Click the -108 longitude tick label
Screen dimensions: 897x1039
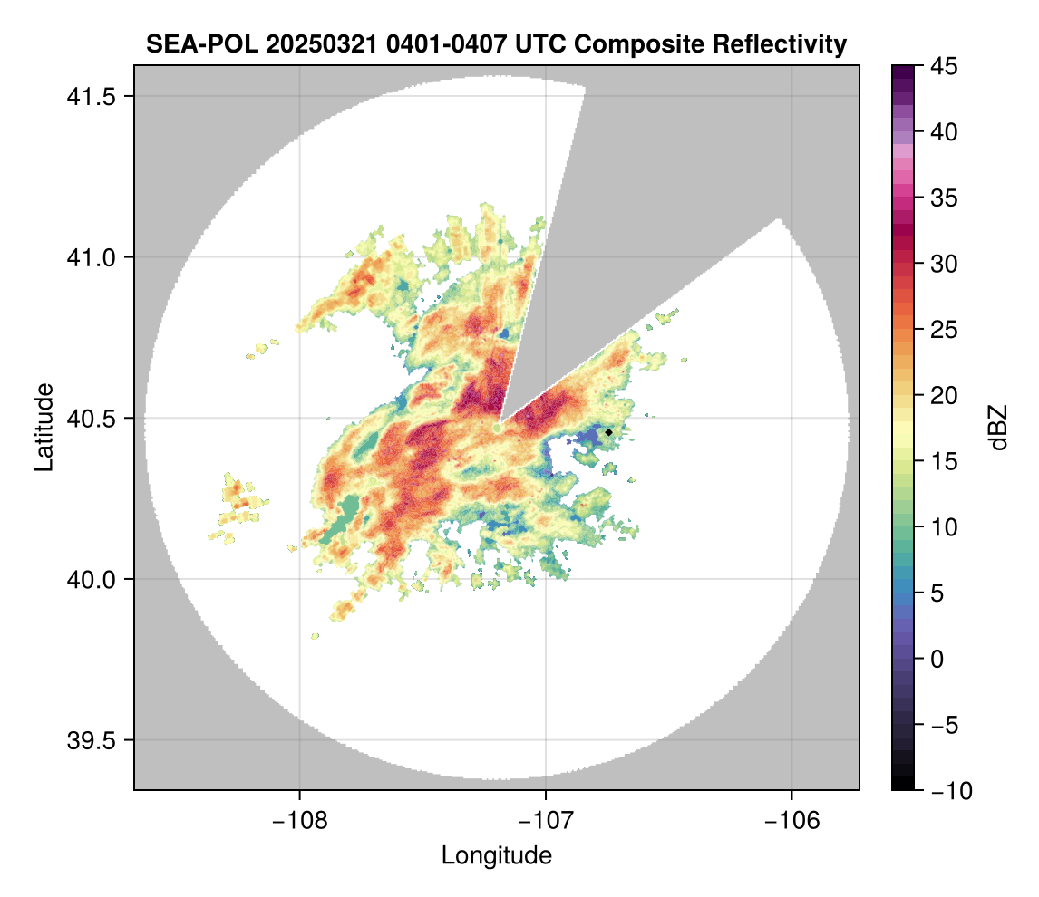coord(299,822)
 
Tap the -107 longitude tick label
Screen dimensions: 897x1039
coord(546,822)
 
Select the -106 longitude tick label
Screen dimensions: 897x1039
coord(792,822)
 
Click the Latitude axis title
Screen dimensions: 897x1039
coord(44,427)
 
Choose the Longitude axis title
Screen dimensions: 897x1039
coord(496,855)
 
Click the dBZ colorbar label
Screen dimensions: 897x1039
coord(998,427)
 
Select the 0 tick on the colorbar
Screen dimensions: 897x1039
coord(937,659)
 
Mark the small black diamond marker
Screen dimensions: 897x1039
coord(609,432)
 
